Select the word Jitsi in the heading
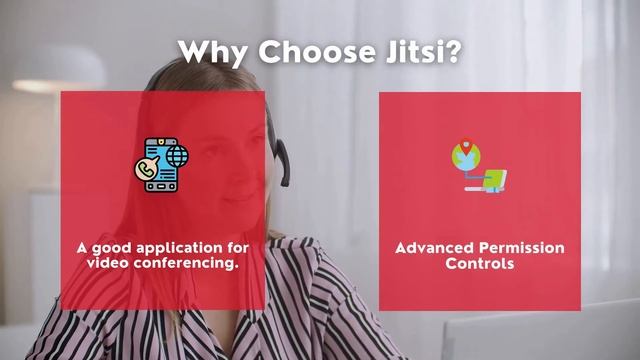click(x=408, y=52)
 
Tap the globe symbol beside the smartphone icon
click(x=178, y=157)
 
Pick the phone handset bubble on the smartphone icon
click(x=147, y=171)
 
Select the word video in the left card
click(x=106, y=262)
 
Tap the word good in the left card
click(x=112, y=247)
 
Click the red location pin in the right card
click(x=462, y=145)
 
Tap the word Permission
click(x=522, y=248)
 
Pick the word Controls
click(x=480, y=264)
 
